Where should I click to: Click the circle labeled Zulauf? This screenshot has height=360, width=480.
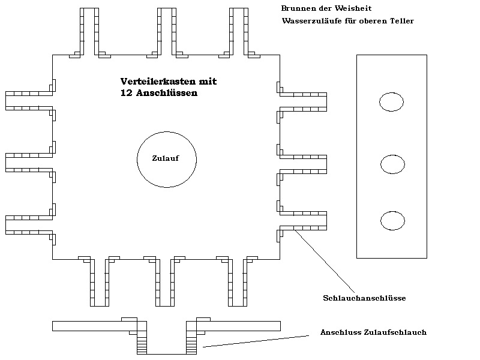pyautogui.click(x=166, y=159)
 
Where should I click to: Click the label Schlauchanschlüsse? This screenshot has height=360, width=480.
pyautogui.click(x=364, y=298)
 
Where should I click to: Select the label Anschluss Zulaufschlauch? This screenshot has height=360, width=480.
pyautogui.click(x=373, y=332)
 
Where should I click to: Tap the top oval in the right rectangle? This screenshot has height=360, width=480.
pyautogui.click(x=391, y=102)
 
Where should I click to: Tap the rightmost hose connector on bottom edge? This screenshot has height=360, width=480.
pyautogui.click(x=237, y=282)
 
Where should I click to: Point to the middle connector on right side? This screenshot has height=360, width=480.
pyautogui.click(x=303, y=163)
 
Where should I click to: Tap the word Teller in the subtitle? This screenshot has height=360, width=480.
pyautogui.click(x=402, y=21)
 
